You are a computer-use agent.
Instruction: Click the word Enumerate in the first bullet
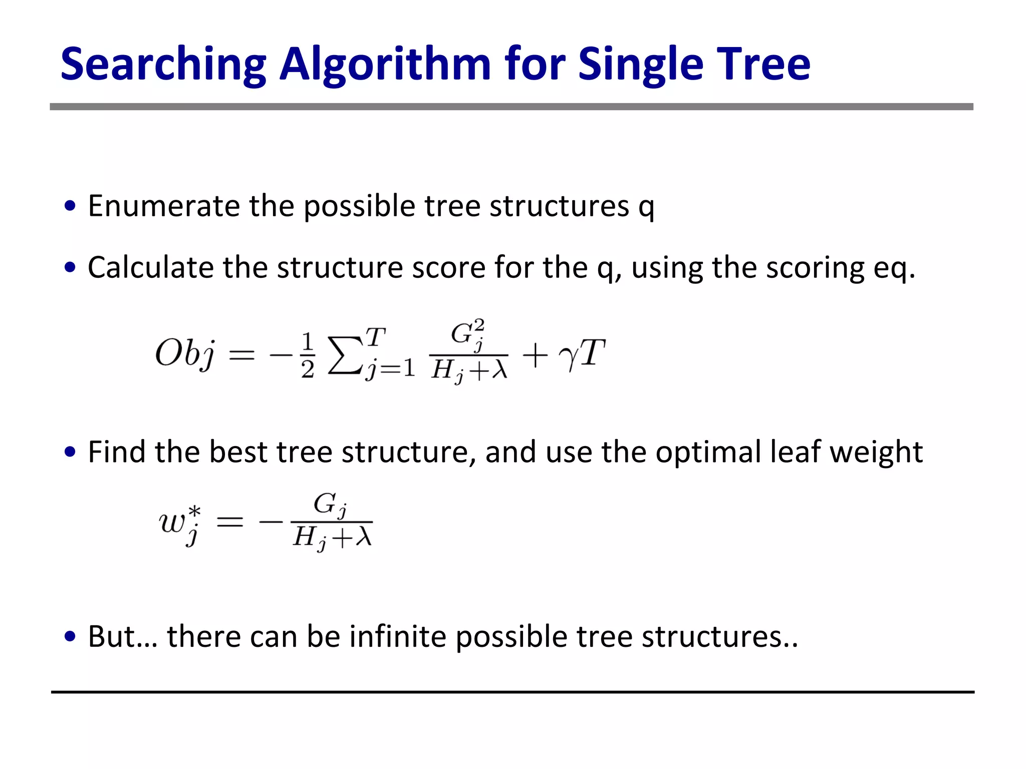(163, 206)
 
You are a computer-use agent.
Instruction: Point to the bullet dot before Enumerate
(71, 206)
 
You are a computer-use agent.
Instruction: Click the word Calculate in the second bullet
(150, 267)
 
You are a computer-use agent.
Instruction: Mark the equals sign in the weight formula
(229, 523)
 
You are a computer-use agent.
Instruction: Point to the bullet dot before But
(71, 636)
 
